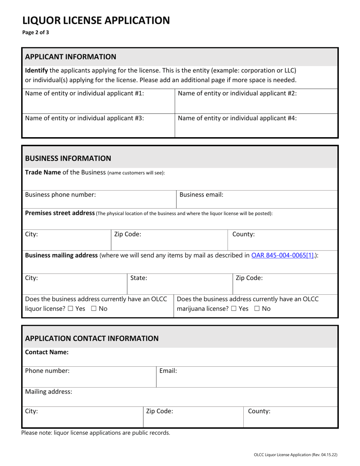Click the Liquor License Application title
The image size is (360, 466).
click(96, 20)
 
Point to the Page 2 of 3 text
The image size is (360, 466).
click(36, 33)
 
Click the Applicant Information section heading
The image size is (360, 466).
click(70, 57)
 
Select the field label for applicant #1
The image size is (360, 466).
click(84, 93)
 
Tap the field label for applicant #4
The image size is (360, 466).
click(237, 118)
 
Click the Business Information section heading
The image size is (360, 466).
click(68, 158)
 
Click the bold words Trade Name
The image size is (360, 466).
click(42, 172)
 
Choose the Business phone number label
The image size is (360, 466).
click(60, 195)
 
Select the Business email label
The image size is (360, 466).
click(201, 195)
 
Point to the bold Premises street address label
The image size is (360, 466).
click(59, 213)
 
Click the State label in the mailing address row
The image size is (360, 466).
click(139, 278)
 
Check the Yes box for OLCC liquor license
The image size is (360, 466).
click(70, 309)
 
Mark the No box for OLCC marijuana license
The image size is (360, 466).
click(257, 309)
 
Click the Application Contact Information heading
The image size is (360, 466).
click(92, 338)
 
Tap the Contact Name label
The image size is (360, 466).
click(47, 352)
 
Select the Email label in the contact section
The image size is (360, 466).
click(168, 371)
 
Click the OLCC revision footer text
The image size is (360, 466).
click(296, 455)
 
